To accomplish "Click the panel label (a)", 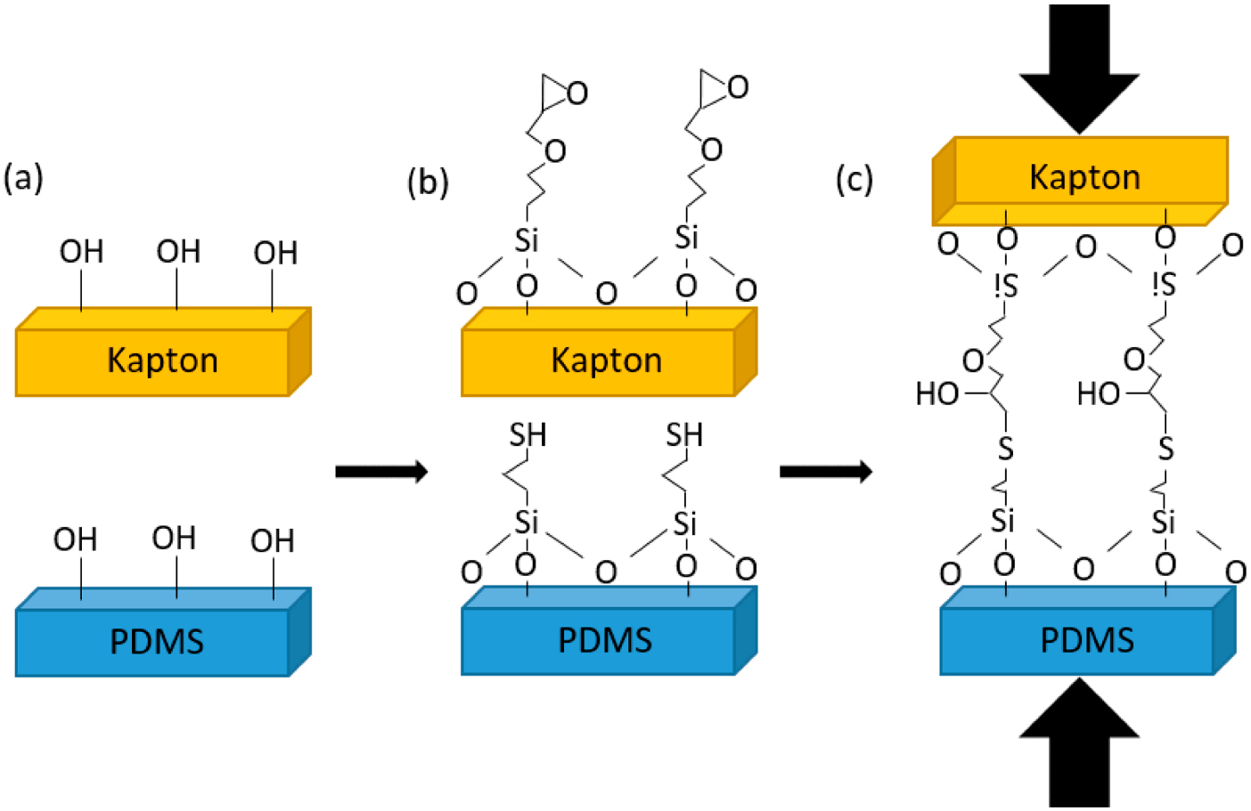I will coord(24,178).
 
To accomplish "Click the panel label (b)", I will coord(428,182).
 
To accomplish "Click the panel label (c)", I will coord(854,179).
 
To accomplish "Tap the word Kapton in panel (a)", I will coord(162,361).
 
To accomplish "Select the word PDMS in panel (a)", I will coord(157,641).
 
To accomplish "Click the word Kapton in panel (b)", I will coord(606,361).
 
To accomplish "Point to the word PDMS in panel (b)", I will coord(605,640).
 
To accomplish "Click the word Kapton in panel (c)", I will coord(1084,177).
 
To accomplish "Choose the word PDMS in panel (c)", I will coord(1087,640).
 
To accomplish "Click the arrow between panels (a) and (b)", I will coord(381,471).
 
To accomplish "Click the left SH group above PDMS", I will coord(527,435).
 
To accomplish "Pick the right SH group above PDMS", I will coord(684,435).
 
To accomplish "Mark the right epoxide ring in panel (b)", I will coord(721,85).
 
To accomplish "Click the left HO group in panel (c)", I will coord(936,393).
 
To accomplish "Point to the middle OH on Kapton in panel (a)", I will coord(178,252).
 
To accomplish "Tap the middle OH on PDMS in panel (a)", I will coord(174,538).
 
